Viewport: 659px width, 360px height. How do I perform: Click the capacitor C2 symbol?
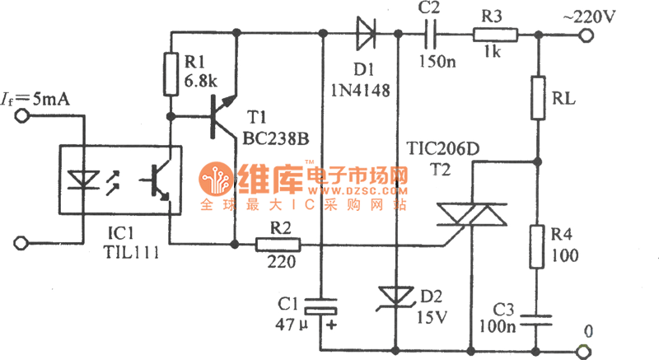coord(429,35)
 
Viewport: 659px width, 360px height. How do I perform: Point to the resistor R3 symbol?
coord(495,35)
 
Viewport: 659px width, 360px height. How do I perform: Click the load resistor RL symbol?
coord(537,97)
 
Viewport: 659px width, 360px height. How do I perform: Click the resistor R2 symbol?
coord(278,244)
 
